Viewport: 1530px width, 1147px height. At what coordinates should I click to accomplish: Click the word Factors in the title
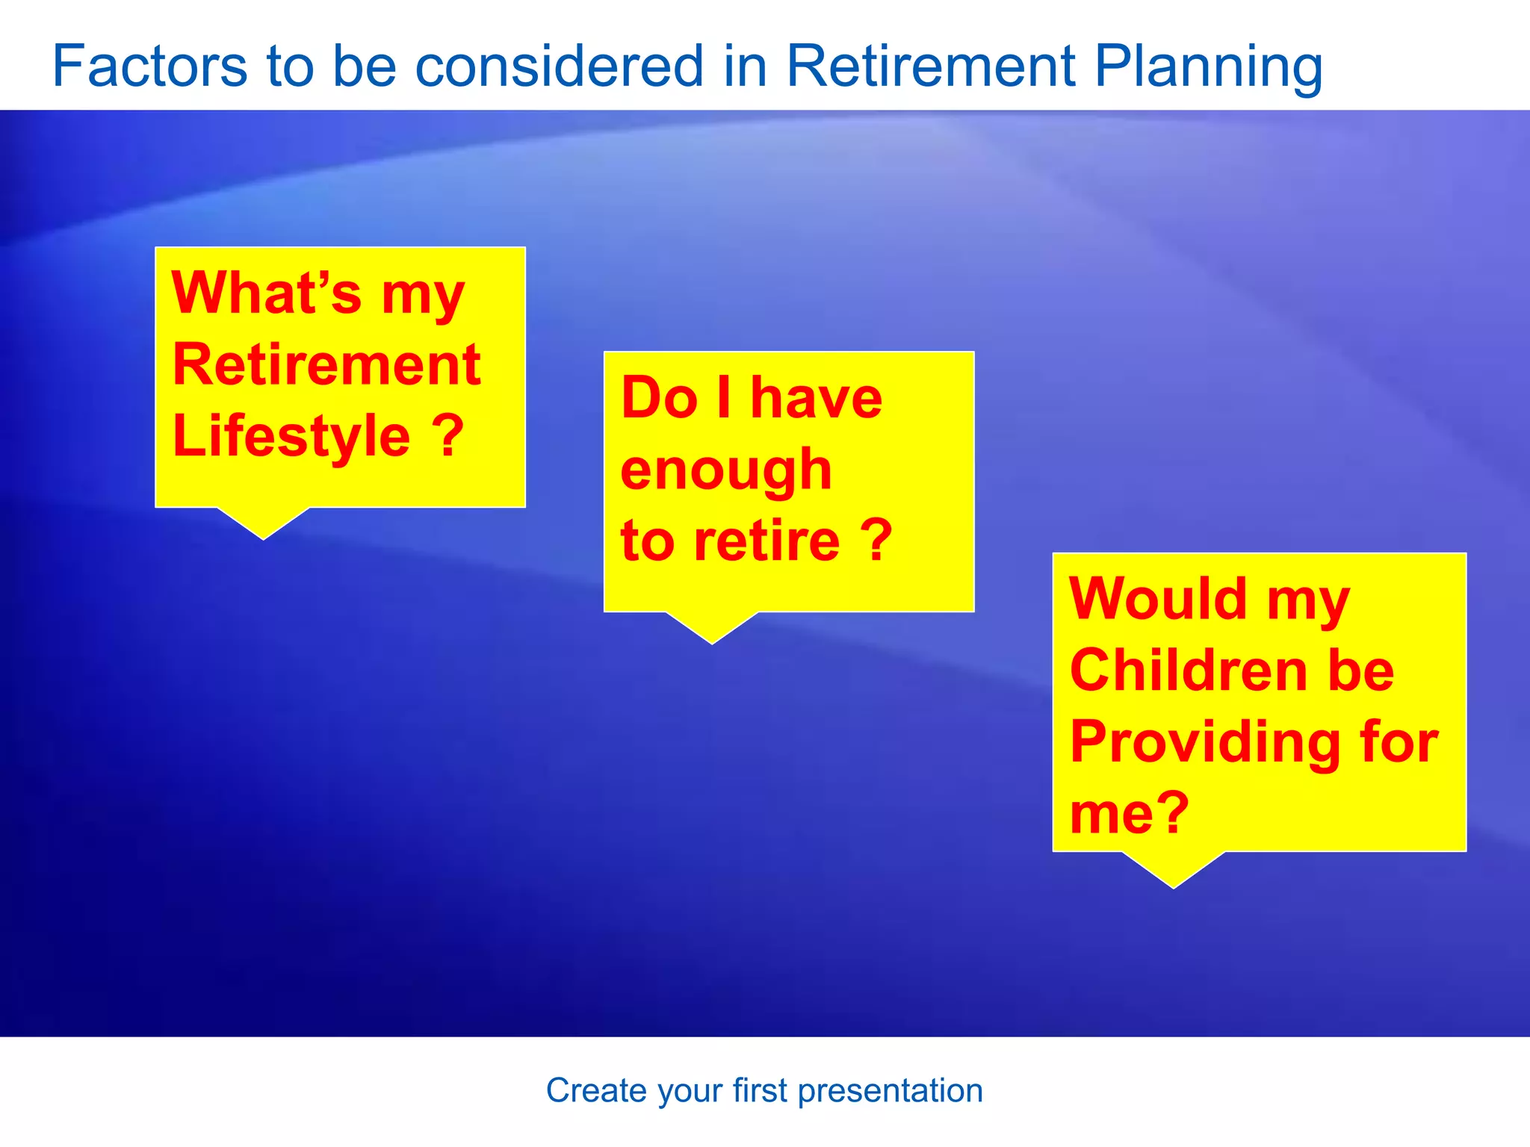pos(149,66)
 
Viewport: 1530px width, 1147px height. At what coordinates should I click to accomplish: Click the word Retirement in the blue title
pos(931,66)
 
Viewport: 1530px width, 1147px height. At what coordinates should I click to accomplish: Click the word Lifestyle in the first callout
pos(291,437)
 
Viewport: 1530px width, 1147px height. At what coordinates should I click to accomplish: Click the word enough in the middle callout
pos(726,470)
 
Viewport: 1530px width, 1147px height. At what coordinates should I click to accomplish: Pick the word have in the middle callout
pos(816,397)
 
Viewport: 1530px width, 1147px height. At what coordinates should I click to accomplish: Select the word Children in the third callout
pos(1188,670)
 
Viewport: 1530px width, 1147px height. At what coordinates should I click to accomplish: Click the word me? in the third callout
pos(1129,812)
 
